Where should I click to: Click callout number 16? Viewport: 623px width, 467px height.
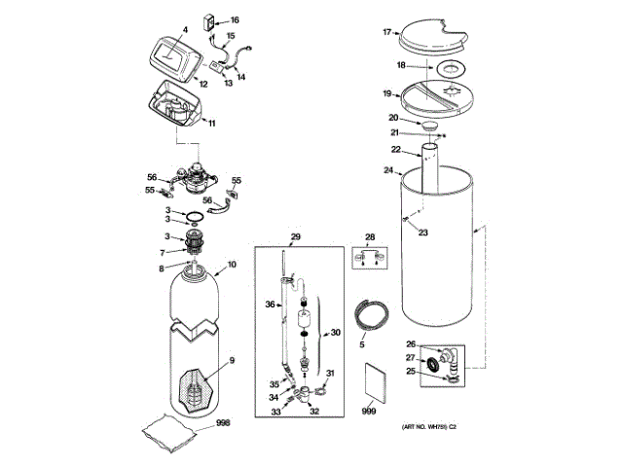234,19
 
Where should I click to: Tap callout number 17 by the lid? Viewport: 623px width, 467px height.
386,32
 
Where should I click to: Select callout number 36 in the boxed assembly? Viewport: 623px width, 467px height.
272,305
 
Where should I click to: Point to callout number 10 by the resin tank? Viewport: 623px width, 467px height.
232,265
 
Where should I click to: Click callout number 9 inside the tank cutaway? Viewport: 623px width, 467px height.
232,361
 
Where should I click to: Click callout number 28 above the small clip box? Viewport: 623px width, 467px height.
369,237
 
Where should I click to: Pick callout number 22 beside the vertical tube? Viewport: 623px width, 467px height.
396,149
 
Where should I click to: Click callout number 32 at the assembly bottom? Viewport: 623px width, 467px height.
314,412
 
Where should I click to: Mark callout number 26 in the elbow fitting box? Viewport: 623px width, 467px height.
411,344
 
